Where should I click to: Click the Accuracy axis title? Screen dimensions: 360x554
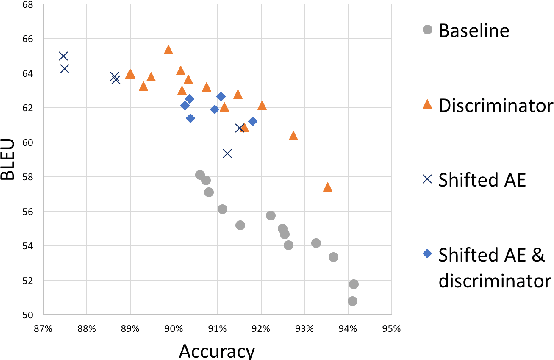(x=215, y=350)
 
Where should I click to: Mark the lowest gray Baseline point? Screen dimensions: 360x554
(x=352, y=301)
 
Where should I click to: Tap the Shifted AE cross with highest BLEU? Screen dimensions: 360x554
(x=63, y=56)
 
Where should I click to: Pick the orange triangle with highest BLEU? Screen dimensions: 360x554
(x=168, y=49)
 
